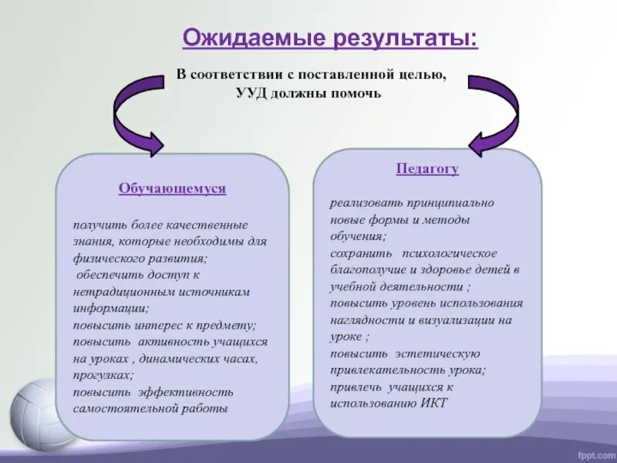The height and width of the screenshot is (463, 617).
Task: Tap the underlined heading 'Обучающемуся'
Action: click(172, 188)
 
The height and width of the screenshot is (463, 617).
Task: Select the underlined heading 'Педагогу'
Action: click(427, 169)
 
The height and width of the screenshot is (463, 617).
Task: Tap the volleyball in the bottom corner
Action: click(35, 417)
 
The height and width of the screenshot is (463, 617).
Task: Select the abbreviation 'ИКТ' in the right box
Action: click(434, 403)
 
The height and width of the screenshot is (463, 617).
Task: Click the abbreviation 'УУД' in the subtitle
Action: click(249, 93)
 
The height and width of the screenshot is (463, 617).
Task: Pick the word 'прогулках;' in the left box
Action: click(103, 375)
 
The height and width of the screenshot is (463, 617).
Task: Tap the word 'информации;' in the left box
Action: click(104, 307)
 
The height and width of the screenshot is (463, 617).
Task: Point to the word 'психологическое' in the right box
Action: click(449, 253)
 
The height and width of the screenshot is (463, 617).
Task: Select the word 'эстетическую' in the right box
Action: click(438, 353)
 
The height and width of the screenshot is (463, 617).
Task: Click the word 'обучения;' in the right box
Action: click(358, 236)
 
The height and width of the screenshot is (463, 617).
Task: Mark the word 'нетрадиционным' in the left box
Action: click(113, 291)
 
